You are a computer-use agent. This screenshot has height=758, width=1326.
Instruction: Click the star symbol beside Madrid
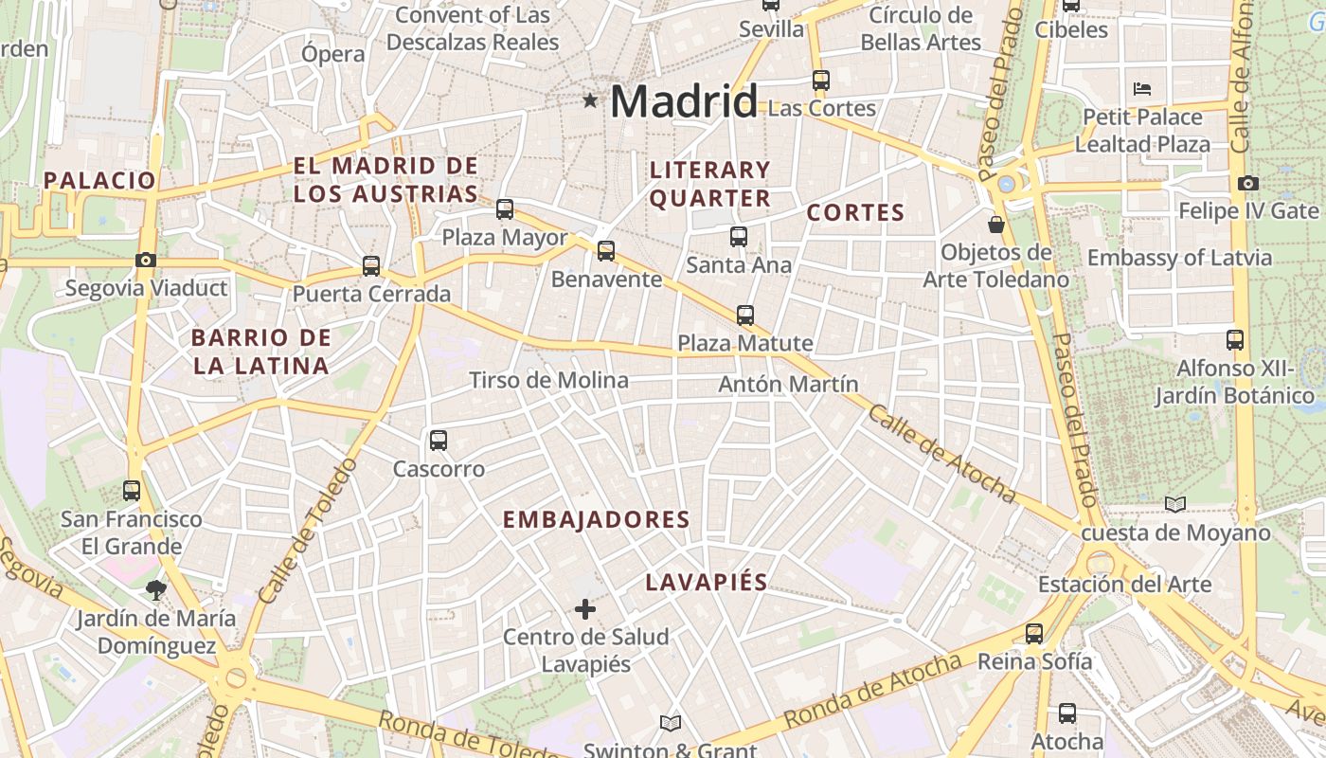click(590, 99)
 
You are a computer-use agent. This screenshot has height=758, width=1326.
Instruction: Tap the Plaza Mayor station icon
click(505, 209)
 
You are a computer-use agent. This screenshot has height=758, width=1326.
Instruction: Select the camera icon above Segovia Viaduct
click(145, 260)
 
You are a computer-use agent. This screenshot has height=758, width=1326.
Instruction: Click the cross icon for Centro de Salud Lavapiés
click(585, 608)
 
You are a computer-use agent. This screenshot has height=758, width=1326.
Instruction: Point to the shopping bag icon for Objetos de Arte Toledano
click(996, 225)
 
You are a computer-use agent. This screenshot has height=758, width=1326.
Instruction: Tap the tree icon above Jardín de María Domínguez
click(155, 591)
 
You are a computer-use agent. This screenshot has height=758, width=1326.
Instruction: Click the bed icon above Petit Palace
click(1142, 89)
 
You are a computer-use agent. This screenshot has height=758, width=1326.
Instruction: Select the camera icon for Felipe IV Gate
click(1248, 183)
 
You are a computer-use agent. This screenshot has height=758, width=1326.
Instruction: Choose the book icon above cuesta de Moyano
click(1175, 505)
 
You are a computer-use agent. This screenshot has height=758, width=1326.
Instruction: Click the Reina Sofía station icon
click(1034, 634)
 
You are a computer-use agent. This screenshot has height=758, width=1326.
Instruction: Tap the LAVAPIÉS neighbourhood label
click(706, 582)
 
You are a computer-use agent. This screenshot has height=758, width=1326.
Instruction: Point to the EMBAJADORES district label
click(596, 520)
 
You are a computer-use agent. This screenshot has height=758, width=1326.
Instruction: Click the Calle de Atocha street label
click(941, 454)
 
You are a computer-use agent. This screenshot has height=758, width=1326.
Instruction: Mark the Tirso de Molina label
click(548, 381)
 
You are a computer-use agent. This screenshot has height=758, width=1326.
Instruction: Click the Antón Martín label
click(788, 385)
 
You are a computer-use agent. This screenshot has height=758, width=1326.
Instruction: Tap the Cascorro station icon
click(438, 441)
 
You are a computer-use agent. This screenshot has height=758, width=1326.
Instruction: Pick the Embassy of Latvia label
click(1179, 258)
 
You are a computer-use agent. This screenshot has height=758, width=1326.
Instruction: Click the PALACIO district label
click(99, 180)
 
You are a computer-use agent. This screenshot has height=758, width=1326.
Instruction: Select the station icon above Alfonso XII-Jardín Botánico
click(1234, 340)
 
